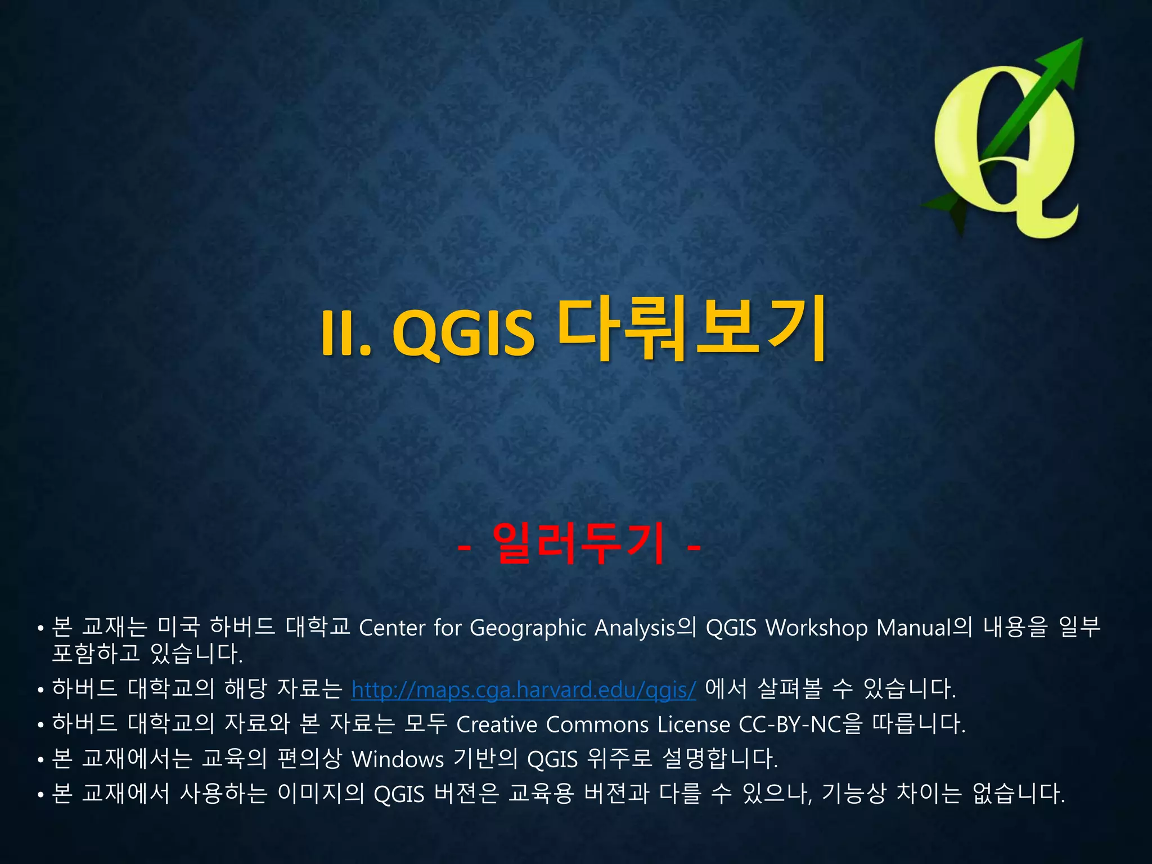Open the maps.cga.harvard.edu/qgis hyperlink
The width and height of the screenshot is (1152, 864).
(x=523, y=690)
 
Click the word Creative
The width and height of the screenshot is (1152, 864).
(x=496, y=724)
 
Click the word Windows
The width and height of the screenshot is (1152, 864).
(x=397, y=760)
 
